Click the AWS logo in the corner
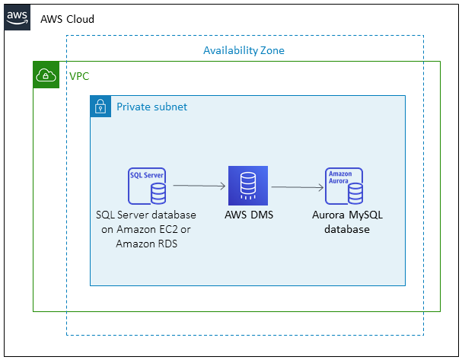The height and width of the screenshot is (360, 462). click(18, 18)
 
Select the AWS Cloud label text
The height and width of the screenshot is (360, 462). click(67, 18)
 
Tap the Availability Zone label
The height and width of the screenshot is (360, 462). click(244, 50)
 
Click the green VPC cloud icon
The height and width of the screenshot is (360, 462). click(46, 75)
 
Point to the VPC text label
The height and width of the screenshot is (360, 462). click(79, 76)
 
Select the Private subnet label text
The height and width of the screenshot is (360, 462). click(151, 107)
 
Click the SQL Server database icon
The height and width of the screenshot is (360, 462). click(146, 186)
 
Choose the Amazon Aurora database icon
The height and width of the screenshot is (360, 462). click(344, 186)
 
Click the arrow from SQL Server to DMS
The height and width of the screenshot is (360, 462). click(199, 185)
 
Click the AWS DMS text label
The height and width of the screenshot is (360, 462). click(249, 215)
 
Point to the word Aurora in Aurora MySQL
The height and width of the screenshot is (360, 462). click(330, 215)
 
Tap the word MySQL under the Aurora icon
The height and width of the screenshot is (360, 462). click(366, 215)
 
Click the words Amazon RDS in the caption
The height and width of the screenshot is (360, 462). click(145, 244)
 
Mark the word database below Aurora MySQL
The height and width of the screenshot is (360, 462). click(347, 229)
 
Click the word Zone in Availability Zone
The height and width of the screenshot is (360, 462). click(269, 50)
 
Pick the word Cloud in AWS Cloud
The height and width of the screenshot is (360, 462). click(79, 18)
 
